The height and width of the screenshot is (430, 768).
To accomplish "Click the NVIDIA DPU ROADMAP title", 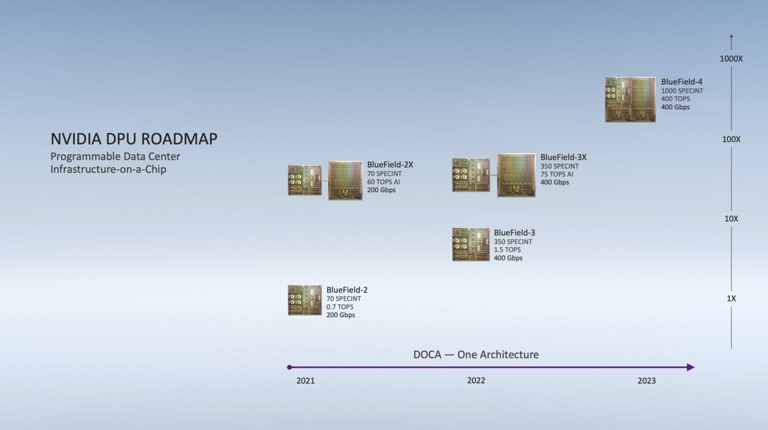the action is tap(134, 139).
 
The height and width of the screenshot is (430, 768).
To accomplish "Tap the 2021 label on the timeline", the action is tap(306, 381).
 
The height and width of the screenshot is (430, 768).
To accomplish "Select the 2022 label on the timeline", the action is tap(476, 381).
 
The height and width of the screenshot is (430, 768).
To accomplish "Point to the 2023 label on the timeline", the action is tap(647, 381).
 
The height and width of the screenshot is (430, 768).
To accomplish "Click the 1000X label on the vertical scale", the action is tap(731, 59).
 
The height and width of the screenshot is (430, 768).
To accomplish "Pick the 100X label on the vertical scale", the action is tap(731, 140).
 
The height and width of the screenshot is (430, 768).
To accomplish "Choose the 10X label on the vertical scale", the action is tap(731, 219).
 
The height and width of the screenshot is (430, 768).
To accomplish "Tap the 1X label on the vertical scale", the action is tap(731, 298).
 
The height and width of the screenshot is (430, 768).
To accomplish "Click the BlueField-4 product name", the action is tap(682, 82).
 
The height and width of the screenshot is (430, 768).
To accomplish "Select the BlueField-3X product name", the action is tap(564, 157).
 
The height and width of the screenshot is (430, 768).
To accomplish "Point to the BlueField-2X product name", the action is tap(390, 165).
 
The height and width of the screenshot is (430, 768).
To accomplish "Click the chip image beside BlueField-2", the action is tap(305, 300).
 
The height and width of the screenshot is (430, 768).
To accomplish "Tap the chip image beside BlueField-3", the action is tap(471, 244).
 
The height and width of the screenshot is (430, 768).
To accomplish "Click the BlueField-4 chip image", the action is tap(631, 99).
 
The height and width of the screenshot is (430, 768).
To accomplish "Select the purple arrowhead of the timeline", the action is tap(691, 367).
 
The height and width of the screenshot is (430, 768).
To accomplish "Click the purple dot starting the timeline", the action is tap(289, 367).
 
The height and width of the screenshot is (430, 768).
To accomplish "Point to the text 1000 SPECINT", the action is tap(682, 91).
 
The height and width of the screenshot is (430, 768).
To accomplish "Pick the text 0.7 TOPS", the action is tap(340, 307).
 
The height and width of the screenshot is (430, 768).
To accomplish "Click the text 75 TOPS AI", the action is tap(557, 174).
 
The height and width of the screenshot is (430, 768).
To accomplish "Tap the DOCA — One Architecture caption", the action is tap(476, 354).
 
